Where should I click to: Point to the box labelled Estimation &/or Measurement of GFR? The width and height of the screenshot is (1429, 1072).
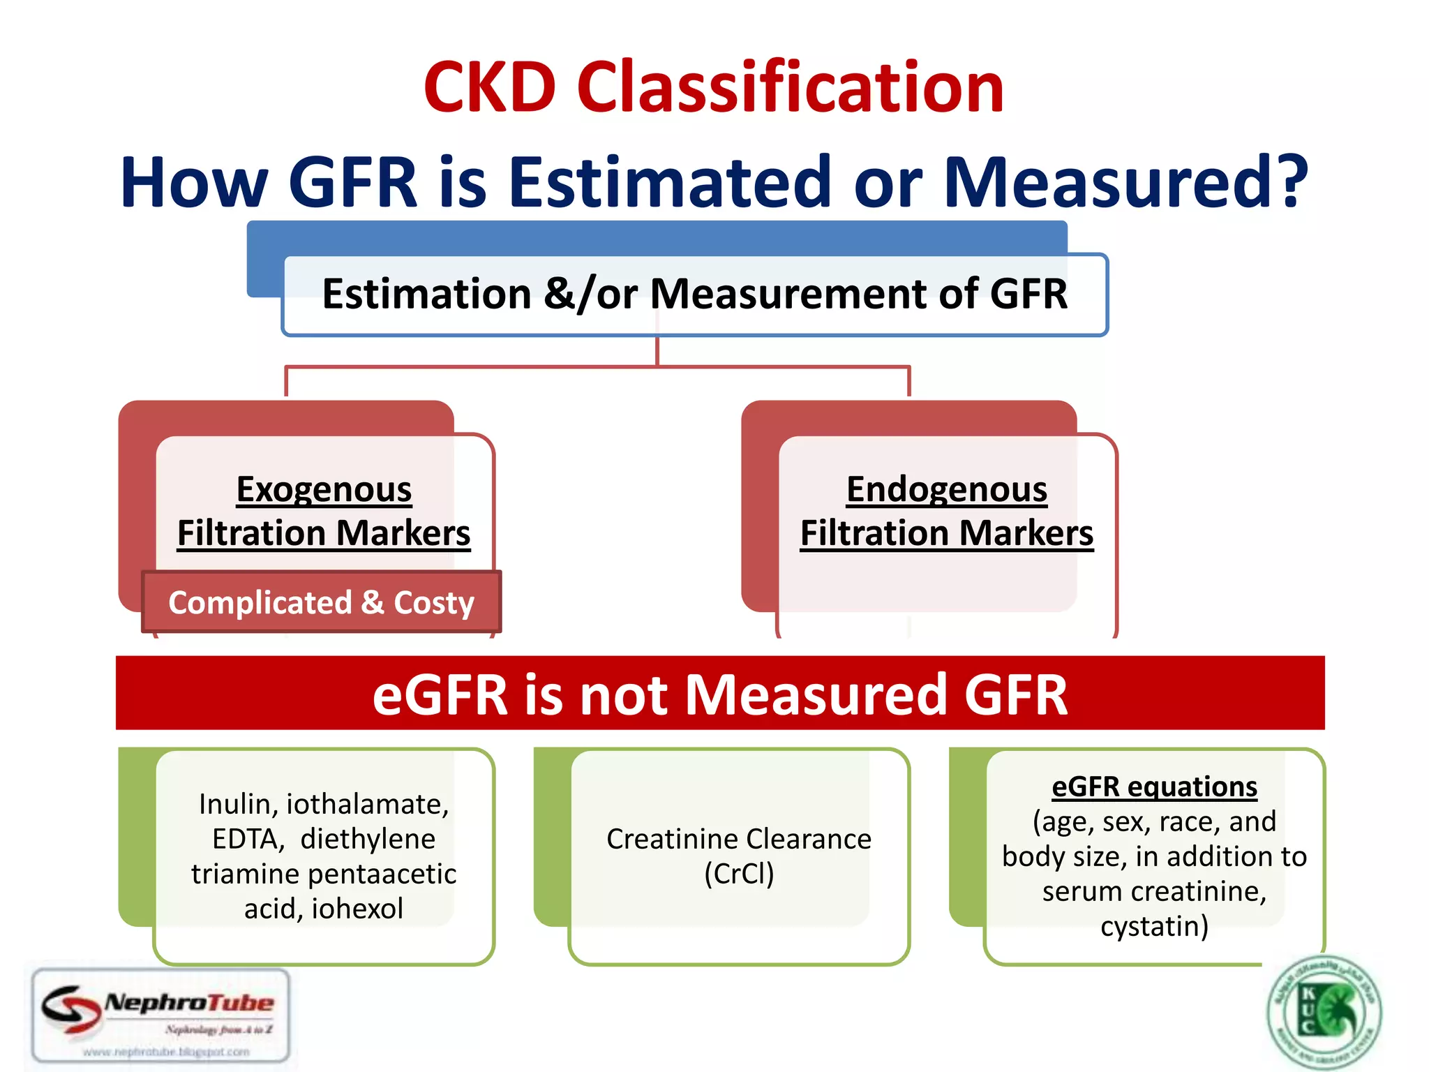point(694,294)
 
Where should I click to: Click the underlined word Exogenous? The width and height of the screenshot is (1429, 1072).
point(324,489)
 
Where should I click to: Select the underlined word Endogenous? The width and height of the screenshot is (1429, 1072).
point(946,489)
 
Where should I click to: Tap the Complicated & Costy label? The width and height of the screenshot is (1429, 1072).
point(321,602)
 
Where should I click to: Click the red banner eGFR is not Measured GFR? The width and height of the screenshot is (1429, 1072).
point(719,694)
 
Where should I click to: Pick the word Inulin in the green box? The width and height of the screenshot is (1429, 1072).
point(234,804)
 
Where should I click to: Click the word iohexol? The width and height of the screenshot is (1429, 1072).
point(357,909)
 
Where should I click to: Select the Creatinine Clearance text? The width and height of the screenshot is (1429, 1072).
point(738,839)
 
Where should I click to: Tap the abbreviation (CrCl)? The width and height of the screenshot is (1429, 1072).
point(738,874)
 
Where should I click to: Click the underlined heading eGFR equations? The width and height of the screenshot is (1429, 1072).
point(1154,787)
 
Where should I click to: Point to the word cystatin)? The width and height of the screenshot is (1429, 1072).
point(1154,926)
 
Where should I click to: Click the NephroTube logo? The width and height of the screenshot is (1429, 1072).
point(161,1016)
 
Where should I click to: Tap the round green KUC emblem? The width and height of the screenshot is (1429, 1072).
point(1324,1011)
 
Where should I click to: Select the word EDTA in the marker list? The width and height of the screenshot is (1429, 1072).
point(248,839)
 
